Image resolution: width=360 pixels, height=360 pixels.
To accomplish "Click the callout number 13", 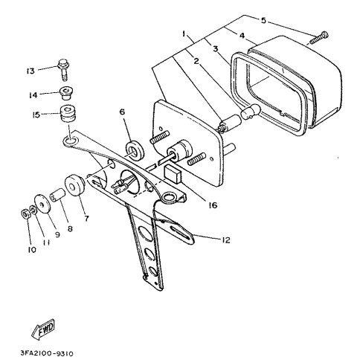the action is pyautogui.click(x=30, y=71).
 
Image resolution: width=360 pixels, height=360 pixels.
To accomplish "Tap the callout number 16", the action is pyautogui.click(x=213, y=205).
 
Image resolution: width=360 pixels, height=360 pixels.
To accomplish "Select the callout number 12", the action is pyautogui.click(x=225, y=240).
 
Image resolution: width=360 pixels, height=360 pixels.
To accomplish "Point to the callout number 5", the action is pyautogui.click(x=263, y=20).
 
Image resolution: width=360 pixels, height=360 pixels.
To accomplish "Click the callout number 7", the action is pyautogui.click(x=86, y=219).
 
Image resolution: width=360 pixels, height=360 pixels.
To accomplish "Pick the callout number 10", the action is pyautogui.click(x=32, y=250).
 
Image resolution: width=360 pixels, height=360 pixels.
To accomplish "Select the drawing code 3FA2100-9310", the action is pyautogui.click(x=47, y=353).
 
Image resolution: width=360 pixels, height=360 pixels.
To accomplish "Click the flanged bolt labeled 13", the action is pyautogui.click(x=64, y=70).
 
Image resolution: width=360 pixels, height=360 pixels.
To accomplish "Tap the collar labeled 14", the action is pyautogui.click(x=66, y=93).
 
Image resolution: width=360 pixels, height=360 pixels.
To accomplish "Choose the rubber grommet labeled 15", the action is pyautogui.click(x=68, y=114).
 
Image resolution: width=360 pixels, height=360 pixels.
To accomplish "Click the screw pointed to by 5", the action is pyautogui.click(x=318, y=38).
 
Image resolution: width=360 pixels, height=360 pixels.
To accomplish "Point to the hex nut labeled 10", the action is pyautogui.click(x=26, y=213).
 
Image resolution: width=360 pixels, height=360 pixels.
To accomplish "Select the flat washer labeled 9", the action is pyautogui.click(x=42, y=205).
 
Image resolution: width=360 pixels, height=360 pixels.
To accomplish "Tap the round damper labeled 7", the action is pyautogui.click(x=74, y=185).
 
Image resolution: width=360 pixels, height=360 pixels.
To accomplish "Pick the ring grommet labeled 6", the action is pyautogui.click(x=135, y=150).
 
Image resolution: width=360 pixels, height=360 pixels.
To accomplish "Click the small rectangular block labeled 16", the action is pyautogui.click(x=173, y=174).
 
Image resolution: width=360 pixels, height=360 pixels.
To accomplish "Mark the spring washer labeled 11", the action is pyautogui.click(x=33, y=210).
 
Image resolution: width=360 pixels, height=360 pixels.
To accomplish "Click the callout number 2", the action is pyautogui.click(x=196, y=61).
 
